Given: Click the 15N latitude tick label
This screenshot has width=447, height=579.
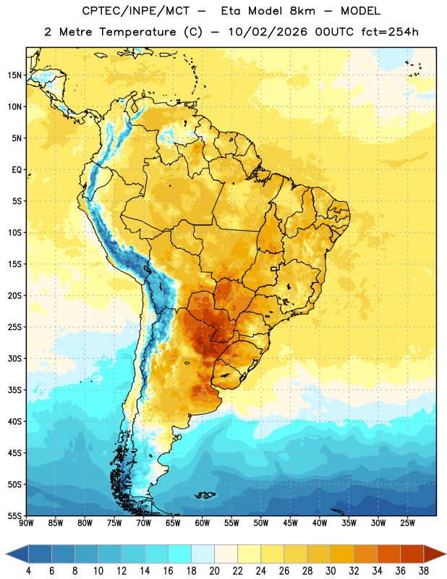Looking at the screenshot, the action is (x=14, y=75).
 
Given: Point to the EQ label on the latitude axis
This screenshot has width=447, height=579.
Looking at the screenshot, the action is (x=17, y=170).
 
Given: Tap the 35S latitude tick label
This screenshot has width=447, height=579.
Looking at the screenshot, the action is (x=14, y=390).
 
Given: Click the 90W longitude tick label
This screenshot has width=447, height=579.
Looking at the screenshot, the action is (x=26, y=523).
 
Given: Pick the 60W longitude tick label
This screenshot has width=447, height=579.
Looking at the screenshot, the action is (x=203, y=523).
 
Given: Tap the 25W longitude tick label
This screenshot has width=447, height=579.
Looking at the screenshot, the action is (x=407, y=523).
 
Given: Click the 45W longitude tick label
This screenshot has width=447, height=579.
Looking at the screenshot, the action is (x=290, y=523).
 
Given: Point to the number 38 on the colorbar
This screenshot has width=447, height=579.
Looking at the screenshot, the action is (x=424, y=571).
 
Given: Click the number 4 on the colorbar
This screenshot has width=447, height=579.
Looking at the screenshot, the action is (x=28, y=571).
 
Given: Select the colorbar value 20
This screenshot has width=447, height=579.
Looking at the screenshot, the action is (x=214, y=571).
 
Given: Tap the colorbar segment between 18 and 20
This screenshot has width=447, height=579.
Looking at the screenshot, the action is (x=203, y=554).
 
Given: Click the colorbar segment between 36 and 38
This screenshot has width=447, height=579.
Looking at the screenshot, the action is (x=412, y=554).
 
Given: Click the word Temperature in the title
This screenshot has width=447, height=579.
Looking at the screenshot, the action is (x=137, y=32).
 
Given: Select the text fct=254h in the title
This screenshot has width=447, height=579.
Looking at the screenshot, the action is (x=390, y=32).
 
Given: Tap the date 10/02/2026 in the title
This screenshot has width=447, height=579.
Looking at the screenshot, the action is (x=268, y=32).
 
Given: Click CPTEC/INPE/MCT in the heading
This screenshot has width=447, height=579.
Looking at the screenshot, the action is (x=135, y=11).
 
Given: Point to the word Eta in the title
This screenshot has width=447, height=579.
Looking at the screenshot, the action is (x=231, y=11).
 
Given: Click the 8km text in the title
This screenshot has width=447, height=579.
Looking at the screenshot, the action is (x=302, y=11).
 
